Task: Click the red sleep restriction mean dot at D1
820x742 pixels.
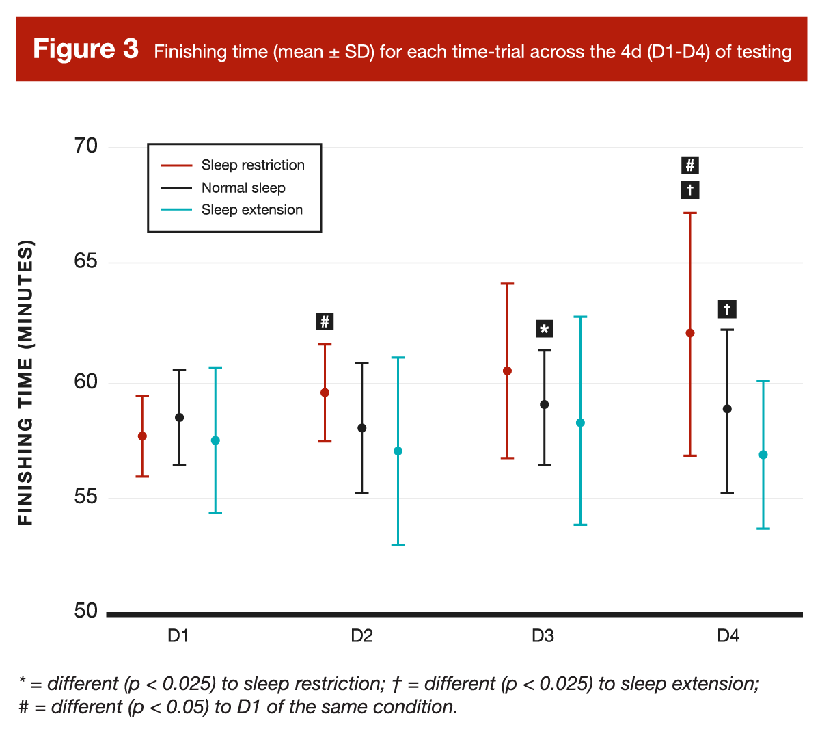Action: (142, 436)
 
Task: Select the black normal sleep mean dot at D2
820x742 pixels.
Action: (362, 428)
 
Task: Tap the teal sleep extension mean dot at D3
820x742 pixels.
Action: (581, 423)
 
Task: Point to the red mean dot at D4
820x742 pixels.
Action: (690, 333)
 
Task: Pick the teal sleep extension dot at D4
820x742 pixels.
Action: (763, 455)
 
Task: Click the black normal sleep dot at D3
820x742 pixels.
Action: (545, 405)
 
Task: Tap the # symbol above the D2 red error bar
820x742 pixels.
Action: (325, 321)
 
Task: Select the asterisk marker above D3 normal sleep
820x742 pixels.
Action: (545, 330)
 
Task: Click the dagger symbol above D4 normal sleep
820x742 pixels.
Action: (727, 309)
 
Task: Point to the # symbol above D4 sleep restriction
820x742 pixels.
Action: (690, 165)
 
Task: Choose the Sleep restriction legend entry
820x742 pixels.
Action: (253, 165)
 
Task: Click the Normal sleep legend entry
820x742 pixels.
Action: (243, 188)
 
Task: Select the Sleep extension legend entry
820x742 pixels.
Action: (251, 210)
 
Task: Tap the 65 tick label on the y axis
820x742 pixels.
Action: (86, 262)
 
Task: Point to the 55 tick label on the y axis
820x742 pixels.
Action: (86, 497)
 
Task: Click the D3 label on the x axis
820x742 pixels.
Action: (543, 636)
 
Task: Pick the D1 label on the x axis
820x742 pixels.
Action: (178, 636)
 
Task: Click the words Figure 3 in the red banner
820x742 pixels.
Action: (86, 49)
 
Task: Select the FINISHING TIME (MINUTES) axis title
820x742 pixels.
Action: (26, 382)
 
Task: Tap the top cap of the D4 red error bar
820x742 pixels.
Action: (690, 213)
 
